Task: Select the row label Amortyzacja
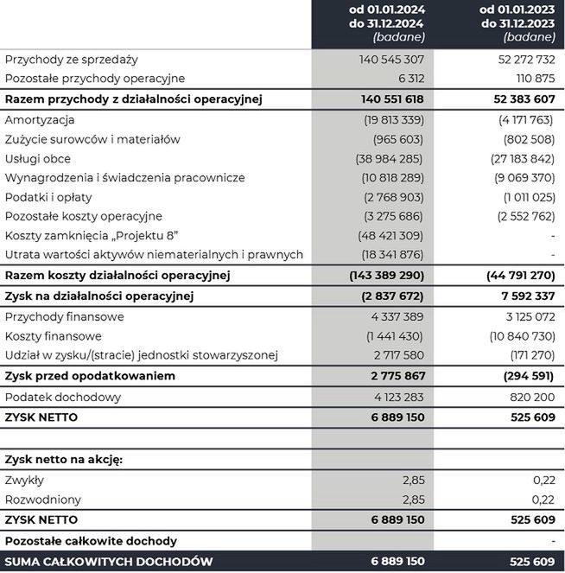(40, 120)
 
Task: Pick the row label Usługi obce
(38, 158)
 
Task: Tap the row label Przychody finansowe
(64, 317)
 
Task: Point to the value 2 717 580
(396, 355)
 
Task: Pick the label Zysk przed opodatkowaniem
(90, 376)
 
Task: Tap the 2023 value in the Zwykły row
(543, 481)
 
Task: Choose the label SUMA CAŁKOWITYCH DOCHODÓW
(109, 562)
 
